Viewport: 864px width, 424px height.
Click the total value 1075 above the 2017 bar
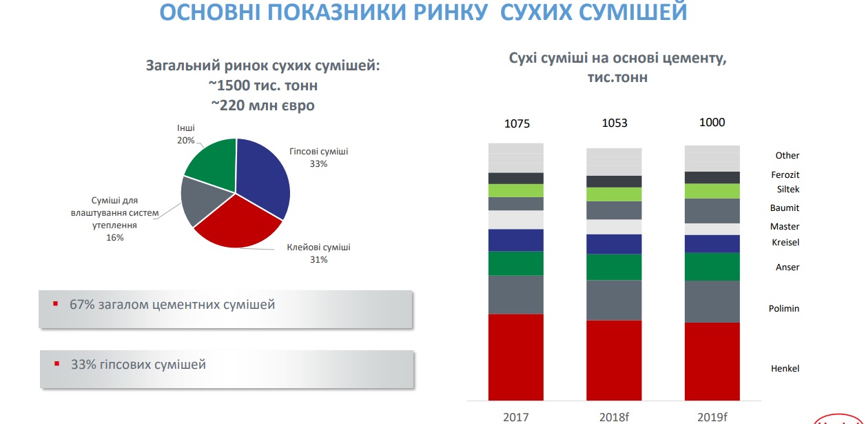[517, 124]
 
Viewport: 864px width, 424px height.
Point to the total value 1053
[615, 123]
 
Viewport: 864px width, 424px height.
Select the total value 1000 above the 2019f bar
[712, 122]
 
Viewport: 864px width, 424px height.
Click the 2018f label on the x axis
[614, 417]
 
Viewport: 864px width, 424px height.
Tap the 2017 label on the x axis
[515, 417]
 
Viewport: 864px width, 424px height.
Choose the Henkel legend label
[785, 368]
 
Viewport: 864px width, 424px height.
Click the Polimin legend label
[784, 308]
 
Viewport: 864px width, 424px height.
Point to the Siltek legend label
[788, 189]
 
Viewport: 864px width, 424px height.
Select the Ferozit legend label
[785, 174]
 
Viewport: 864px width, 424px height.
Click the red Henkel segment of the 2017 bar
[515, 357]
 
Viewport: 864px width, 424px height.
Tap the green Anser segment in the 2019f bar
[712, 267]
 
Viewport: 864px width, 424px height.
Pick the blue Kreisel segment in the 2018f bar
[614, 244]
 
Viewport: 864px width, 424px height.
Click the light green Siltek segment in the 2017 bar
[515, 190]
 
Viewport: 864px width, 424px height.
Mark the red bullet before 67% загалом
[56, 304]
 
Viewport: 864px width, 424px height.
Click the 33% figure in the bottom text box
[83, 364]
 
